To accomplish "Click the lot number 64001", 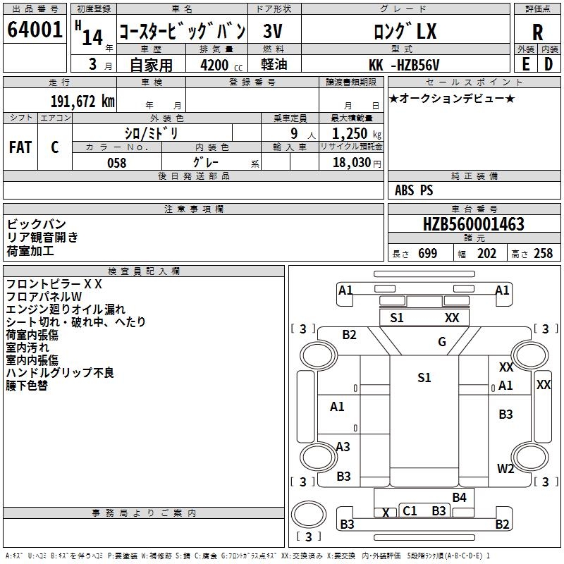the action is click(35, 32).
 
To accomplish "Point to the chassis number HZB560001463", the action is click(474, 225).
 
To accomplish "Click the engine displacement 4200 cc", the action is click(216, 66).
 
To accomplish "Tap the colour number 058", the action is click(116, 162).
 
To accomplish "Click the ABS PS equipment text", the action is click(414, 190).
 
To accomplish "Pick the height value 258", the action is click(543, 254).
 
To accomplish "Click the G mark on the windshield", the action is click(442, 342).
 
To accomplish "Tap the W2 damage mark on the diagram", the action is click(505, 468).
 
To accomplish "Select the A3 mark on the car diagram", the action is click(343, 446).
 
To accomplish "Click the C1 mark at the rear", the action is click(410, 510).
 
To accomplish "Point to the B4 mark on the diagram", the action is click(460, 498).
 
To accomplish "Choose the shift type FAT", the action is click(20, 147).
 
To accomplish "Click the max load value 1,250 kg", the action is click(350, 134).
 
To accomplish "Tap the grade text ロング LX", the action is click(404, 32).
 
